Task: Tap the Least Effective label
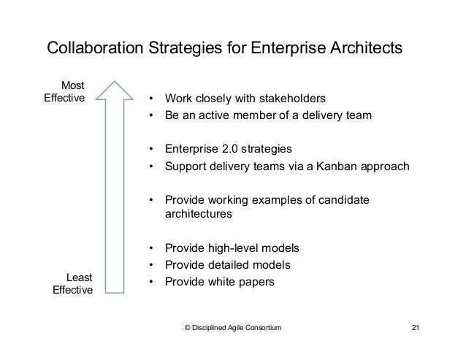(71, 284)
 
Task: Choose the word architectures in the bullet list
(199, 215)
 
